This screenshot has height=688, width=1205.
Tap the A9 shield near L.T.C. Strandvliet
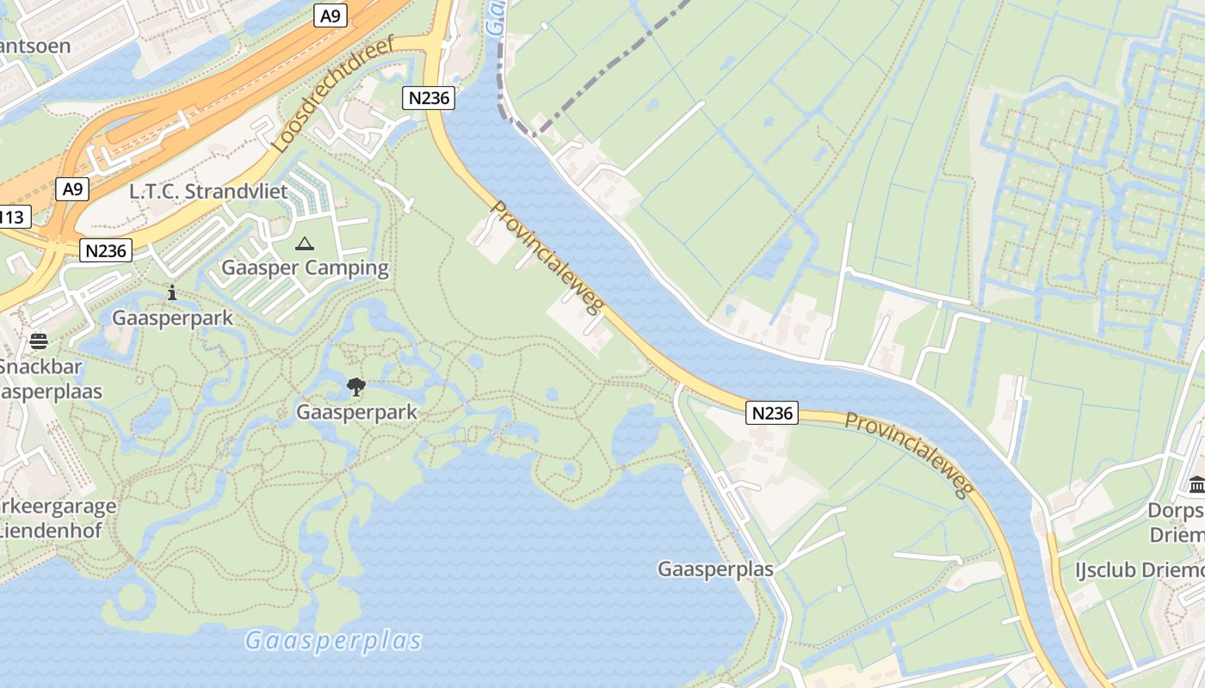[x=73, y=188]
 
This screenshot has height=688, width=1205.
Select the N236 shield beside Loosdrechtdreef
[x=429, y=97]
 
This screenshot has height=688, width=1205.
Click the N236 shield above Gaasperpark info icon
[x=107, y=250]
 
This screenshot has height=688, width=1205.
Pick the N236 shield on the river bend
[x=772, y=413]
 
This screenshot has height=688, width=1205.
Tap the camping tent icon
[x=305, y=244]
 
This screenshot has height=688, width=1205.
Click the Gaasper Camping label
[x=305, y=267]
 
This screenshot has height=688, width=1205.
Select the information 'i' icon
[x=172, y=292]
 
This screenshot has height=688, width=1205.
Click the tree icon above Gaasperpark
[x=355, y=387]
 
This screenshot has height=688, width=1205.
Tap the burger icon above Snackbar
[x=39, y=341]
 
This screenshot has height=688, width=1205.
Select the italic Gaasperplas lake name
[x=334, y=641]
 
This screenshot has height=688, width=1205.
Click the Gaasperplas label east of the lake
[x=715, y=569]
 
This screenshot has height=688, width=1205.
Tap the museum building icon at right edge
[x=1196, y=485]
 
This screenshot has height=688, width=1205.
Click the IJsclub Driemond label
[x=1139, y=570]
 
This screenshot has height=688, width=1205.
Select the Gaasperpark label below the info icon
[x=172, y=317]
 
